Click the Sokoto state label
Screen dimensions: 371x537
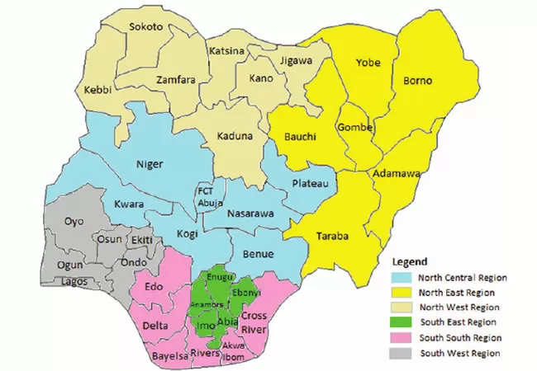[145, 27]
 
